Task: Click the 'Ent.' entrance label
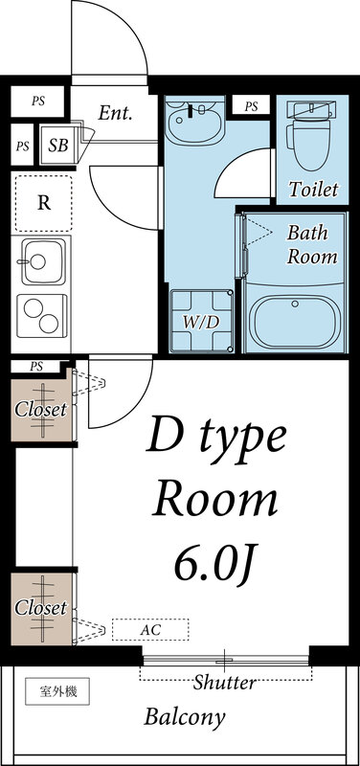pos(115,112)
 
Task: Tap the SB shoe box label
pos(56,146)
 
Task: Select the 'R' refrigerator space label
pos(43,202)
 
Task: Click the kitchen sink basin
pos(42,260)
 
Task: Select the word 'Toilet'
pos(313,190)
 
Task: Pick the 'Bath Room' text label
pos(311,244)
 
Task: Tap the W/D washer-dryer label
pos(201,322)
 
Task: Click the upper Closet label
pos(40,410)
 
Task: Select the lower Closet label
pos(40,608)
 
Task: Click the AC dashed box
pos(150,630)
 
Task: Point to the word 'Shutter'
pos(224,683)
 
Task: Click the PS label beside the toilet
pos(251,105)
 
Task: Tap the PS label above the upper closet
pos(36,366)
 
